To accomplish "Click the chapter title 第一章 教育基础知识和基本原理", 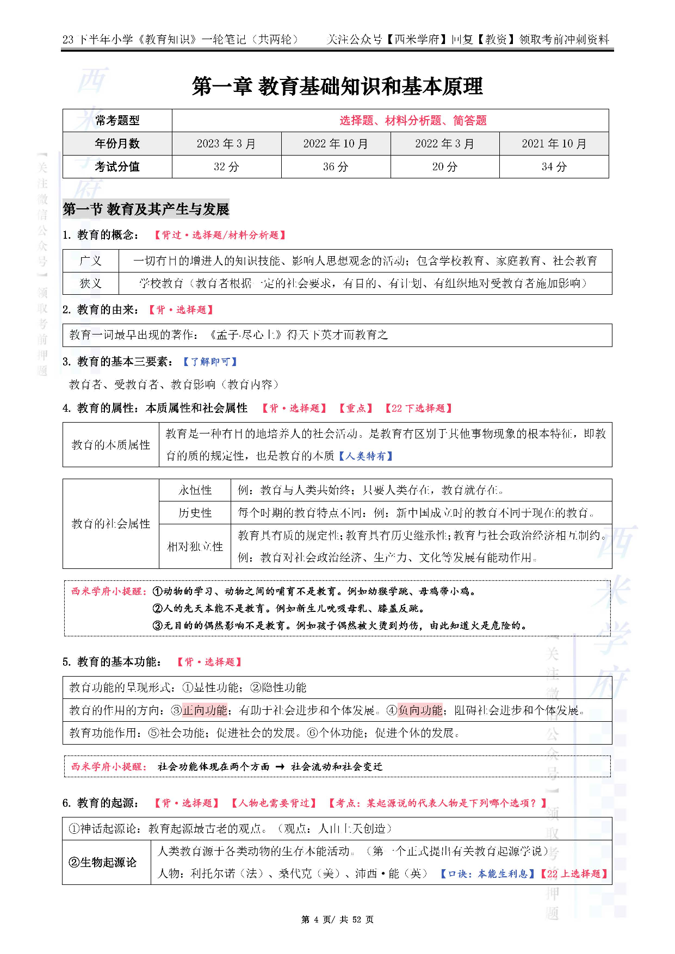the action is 337,86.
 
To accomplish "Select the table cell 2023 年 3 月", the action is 226,144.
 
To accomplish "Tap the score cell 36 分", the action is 335,166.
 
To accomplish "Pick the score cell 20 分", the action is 444,166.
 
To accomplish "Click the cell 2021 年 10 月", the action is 554,144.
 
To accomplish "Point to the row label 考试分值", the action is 117,166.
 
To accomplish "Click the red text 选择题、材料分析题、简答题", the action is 413,120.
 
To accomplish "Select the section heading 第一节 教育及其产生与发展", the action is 146,209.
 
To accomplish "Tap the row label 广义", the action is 90,261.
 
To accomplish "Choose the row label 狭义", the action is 90,283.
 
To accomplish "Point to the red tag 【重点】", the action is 356,408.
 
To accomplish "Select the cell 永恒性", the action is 195,490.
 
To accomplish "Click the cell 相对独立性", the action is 195,546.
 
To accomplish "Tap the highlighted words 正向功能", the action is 205,710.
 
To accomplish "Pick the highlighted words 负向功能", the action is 420,710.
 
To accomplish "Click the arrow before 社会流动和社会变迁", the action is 280,766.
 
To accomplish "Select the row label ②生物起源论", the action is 102,862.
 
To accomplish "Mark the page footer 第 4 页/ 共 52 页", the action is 337,919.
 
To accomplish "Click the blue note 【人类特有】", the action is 366,456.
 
